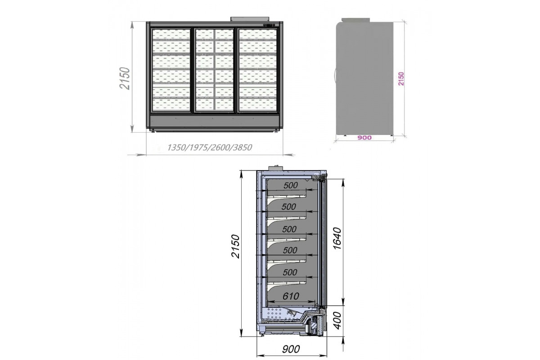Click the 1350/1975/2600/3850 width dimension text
[210, 147]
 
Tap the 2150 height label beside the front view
[125, 79]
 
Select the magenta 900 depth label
[364, 138]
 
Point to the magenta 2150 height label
[401, 79]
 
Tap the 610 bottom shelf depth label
[291, 296]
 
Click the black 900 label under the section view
[291, 349]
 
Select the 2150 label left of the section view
[235, 246]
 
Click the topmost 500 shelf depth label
[291, 185]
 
